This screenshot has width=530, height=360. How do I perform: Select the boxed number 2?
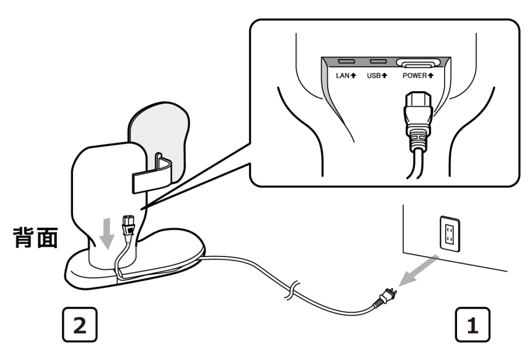pyautogui.click(x=78, y=325)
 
